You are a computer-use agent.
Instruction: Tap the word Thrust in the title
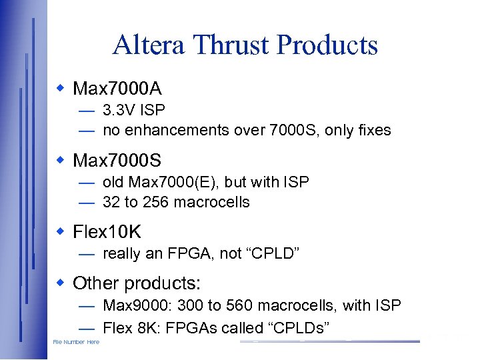[229, 45]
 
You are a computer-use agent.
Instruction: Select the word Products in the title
[327, 45]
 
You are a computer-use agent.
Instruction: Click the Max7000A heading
[117, 88]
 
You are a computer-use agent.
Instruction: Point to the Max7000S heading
[117, 161]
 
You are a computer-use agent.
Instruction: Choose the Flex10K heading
[107, 232]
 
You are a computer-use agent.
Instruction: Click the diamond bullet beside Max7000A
[61, 87]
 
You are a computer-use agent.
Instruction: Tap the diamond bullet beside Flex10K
[61, 231]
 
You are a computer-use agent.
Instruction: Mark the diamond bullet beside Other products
[61, 282]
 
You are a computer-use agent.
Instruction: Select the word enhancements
[177, 130]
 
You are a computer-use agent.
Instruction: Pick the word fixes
[374, 130]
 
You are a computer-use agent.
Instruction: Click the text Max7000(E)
[163, 182]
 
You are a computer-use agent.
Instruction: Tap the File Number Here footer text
[76, 342]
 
